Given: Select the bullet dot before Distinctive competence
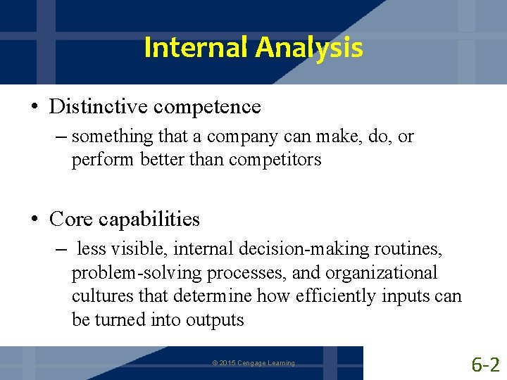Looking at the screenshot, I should (35, 107).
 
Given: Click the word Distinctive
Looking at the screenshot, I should (99, 107).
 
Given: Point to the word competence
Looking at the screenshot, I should (207, 107).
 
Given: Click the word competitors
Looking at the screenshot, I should (276, 160).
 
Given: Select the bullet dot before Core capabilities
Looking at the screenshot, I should (35, 220).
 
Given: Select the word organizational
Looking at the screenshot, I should (384, 272).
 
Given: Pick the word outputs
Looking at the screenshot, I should (215, 319).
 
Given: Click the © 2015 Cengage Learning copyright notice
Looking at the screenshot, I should (254, 363).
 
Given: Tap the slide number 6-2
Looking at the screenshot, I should (485, 364).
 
